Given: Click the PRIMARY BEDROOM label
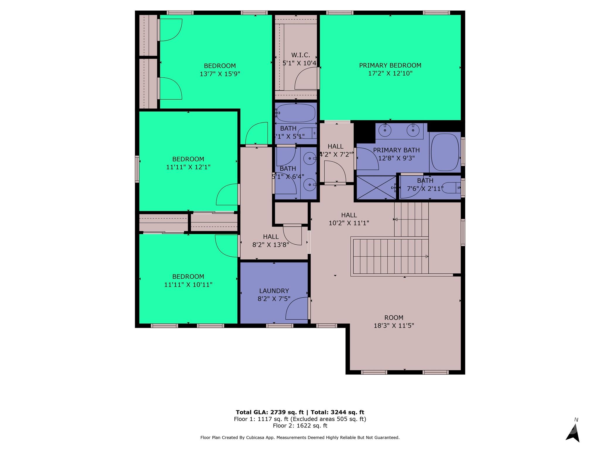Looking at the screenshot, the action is [390, 65].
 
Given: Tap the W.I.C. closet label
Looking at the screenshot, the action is [301, 55].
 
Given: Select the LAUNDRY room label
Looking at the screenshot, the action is [274, 291].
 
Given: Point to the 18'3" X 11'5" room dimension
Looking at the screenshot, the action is [394, 325].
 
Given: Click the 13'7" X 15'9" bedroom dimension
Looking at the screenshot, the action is [220, 74].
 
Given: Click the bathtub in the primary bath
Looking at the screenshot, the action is [445, 152].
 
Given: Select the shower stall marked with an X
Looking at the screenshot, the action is [376, 187].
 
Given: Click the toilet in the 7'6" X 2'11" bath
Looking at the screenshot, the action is [450, 188].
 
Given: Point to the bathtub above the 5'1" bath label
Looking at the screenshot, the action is [296, 113].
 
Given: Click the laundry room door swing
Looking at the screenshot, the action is [296, 308].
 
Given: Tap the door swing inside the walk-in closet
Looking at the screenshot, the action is [306, 79].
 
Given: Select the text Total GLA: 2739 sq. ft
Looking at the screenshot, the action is [270, 412].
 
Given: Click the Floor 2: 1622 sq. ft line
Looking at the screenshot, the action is [300, 426].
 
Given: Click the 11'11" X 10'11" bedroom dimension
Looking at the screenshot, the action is [188, 284].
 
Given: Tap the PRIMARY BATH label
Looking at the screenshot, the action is [396, 150].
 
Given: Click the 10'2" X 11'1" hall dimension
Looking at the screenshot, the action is [349, 223].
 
